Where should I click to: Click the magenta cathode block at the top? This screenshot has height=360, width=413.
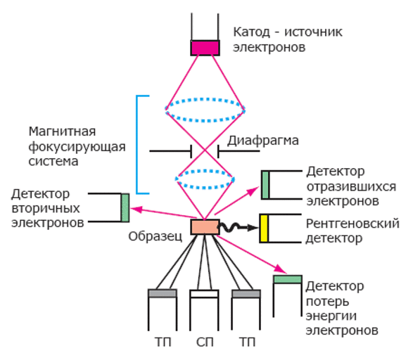coord(205,47)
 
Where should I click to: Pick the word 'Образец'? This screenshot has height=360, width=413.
coord(155,236)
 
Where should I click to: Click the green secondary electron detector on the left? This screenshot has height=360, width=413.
coord(125,207)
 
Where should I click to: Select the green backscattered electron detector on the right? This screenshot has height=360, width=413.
coord(265,185)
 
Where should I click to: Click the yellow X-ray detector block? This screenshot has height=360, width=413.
coord(265,229)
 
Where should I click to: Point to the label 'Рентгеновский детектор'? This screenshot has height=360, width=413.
coord(352,231)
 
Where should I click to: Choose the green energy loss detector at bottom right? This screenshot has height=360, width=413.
coord(287,279)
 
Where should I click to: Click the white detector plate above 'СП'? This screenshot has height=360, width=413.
coord(204,293)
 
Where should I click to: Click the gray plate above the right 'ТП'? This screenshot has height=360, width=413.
coord(246,293)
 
